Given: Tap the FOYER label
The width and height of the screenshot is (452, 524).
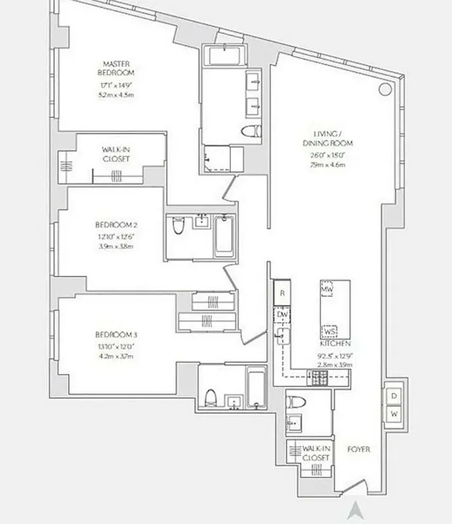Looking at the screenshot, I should [359, 449].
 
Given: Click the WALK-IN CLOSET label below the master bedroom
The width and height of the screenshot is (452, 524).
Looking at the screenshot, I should [116, 154].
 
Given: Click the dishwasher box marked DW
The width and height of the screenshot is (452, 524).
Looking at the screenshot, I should [282, 314].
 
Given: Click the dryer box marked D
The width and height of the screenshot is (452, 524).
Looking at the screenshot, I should [394, 396].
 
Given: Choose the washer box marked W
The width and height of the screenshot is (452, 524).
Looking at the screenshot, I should [394, 414].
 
